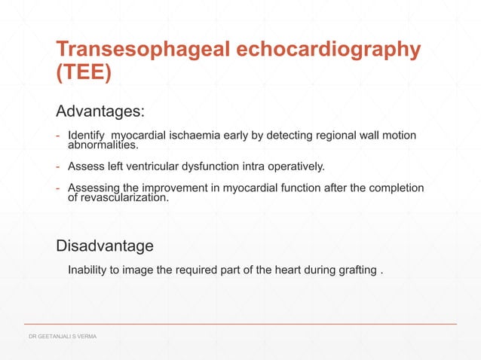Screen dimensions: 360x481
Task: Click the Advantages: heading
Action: click(100, 112)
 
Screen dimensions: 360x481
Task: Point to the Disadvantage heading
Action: click(105, 246)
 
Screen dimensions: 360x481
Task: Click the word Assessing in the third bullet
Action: click(92, 188)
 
